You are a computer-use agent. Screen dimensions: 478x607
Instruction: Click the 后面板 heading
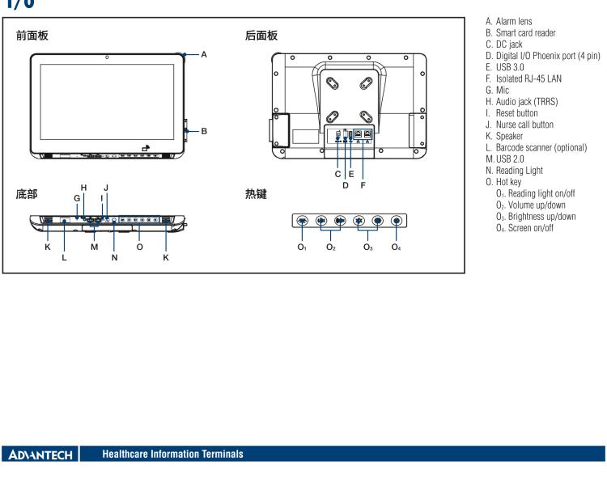(x=261, y=36)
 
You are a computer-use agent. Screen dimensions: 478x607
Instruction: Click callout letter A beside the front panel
(x=204, y=55)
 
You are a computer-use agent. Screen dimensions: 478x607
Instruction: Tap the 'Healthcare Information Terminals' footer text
(x=160, y=455)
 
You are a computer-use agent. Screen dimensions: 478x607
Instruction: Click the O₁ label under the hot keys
(x=302, y=247)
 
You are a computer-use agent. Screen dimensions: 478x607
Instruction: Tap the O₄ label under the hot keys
(x=396, y=247)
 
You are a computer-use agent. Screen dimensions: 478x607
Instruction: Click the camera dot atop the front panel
(x=107, y=57)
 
